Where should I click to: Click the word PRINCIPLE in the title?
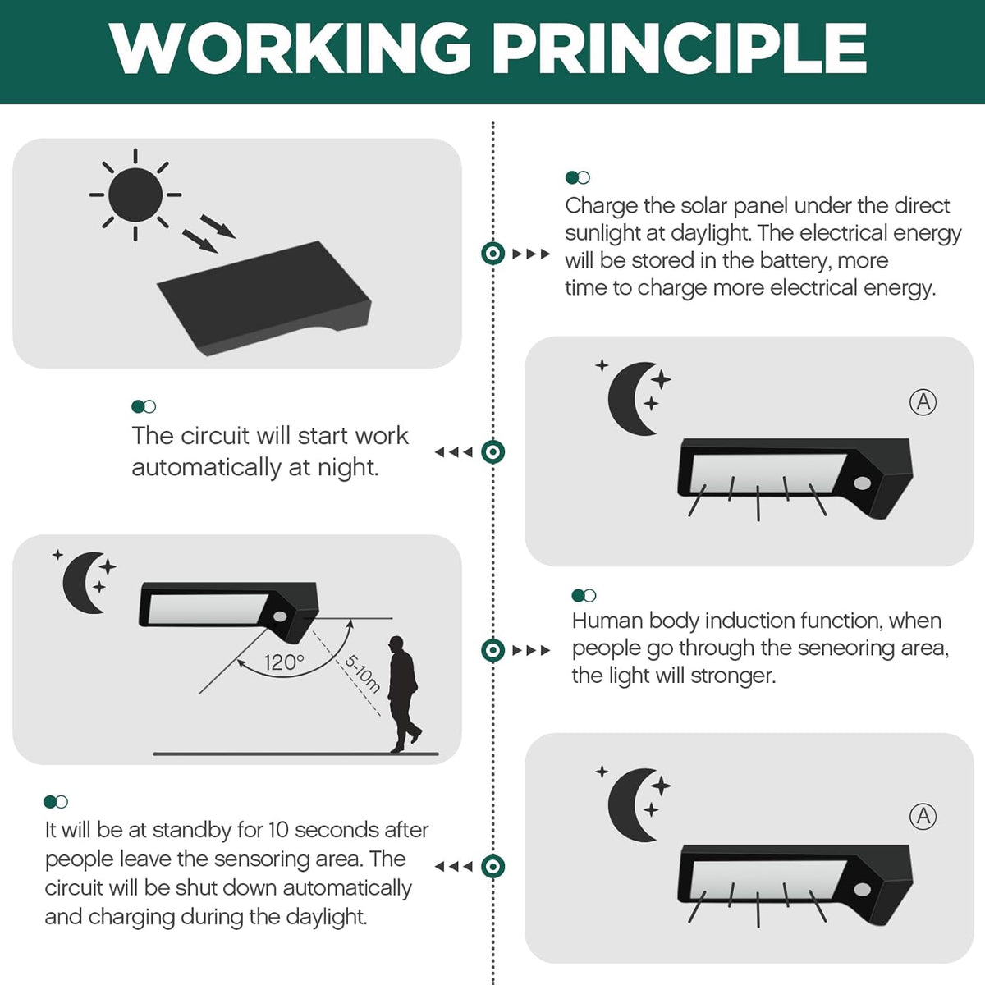(x=679, y=48)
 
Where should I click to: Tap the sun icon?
(x=135, y=195)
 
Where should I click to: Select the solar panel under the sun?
(x=264, y=299)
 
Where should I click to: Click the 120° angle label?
(x=284, y=663)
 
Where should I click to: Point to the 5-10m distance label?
(x=363, y=674)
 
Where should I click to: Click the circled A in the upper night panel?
(x=923, y=402)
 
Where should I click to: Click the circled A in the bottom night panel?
(x=923, y=816)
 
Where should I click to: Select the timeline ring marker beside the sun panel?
(x=492, y=254)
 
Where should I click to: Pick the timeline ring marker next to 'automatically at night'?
(x=492, y=451)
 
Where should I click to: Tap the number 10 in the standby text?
(x=279, y=830)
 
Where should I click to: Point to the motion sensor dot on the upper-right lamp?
(x=863, y=483)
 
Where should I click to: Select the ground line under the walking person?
(x=295, y=754)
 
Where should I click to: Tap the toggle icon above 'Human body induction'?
(x=584, y=595)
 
